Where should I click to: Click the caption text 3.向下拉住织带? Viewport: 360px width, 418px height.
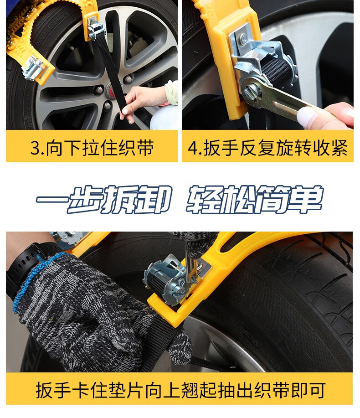92,147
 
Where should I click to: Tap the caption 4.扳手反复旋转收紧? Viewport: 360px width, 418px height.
268,147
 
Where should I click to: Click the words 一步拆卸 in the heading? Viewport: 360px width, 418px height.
104,199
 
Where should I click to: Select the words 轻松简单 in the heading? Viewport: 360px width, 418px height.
254,199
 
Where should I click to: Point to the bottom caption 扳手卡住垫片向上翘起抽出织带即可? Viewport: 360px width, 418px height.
180,390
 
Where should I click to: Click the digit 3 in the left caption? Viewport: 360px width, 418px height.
35,148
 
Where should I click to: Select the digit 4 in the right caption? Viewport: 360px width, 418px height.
193,148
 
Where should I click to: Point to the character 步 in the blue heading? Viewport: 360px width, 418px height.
84,199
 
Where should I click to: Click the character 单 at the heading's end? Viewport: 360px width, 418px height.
306,199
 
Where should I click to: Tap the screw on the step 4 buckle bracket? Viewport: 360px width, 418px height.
242,37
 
